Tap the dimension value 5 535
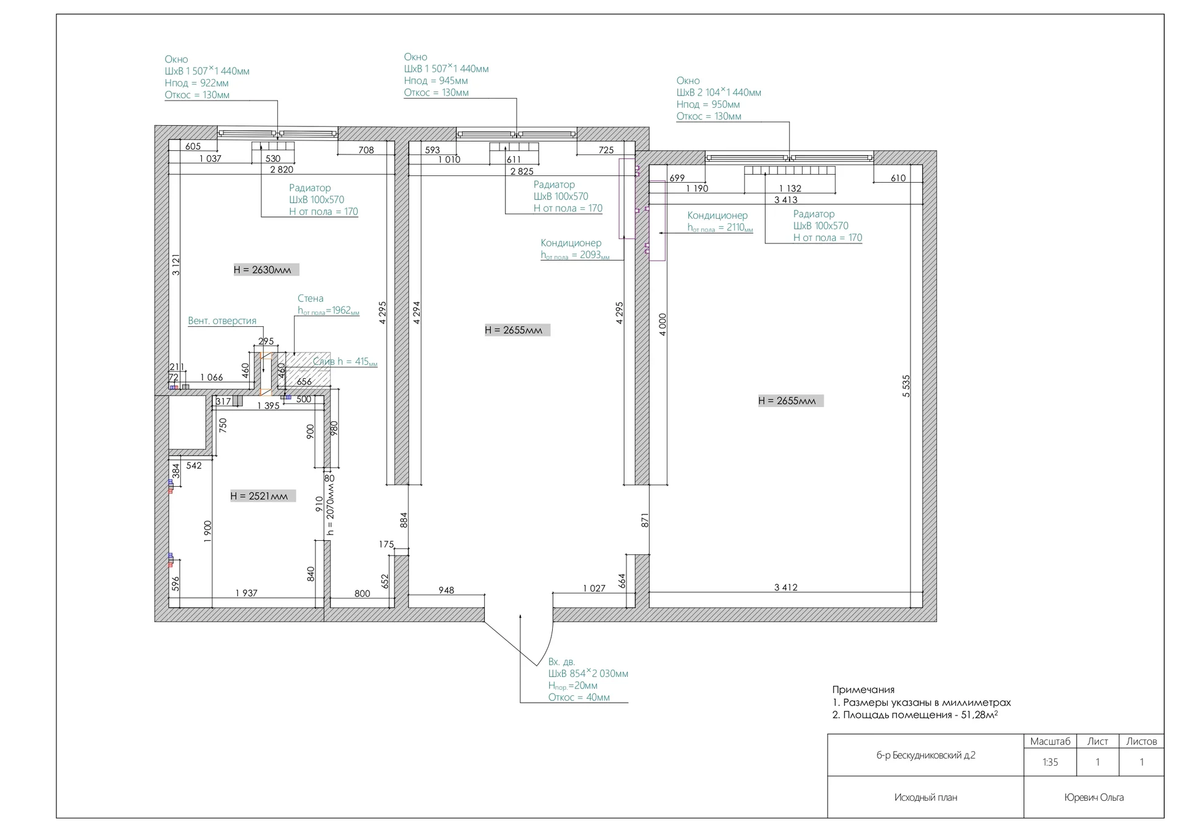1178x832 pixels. click(906, 386)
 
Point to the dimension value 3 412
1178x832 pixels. click(785, 587)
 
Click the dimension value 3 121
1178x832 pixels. click(176, 265)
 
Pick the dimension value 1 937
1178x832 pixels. click(247, 593)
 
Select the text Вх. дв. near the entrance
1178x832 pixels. click(561, 662)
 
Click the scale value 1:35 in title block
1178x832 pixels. click(1050, 763)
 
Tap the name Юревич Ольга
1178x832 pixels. click(1094, 797)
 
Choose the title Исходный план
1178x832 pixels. click(925, 798)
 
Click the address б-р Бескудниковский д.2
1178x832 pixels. click(925, 755)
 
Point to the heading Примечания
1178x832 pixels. click(863, 690)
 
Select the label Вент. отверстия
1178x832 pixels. click(222, 321)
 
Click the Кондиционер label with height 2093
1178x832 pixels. click(571, 243)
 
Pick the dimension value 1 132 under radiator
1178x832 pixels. click(790, 189)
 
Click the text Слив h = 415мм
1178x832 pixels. click(345, 362)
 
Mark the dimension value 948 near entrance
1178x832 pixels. click(446, 590)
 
